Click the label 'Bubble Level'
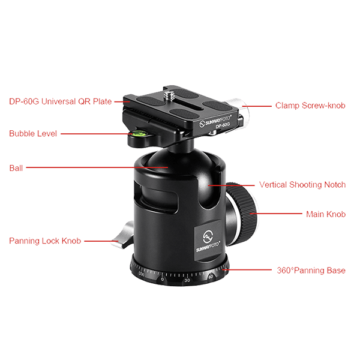[x=33, y=133]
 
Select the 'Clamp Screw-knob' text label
[x=310, y=106]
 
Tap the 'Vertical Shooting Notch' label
[x=302, y=185]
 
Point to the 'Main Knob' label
[x=326, y=214]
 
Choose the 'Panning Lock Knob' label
[x=45, y=241]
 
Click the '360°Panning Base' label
[x=311, y=271]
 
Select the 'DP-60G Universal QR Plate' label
[x=60, y=101]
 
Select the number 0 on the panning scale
[x=162, y=280]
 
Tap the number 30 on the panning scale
[x=187, y=281]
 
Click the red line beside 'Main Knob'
[x=280, y=214]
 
